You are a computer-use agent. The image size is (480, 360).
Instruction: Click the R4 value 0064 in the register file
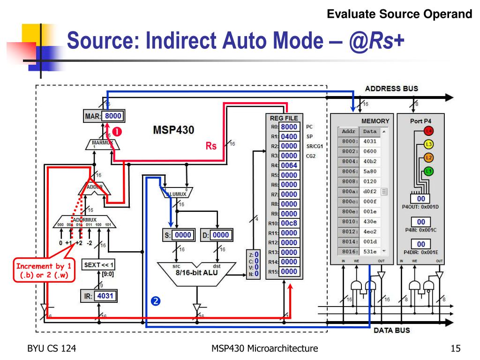coord(289,165)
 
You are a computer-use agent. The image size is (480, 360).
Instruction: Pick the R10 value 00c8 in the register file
coord(289,223)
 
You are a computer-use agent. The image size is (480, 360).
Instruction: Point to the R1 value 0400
coord(289,136)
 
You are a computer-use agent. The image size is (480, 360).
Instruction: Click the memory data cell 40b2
coord(370,161)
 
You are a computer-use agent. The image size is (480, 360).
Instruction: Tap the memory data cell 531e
coord(370,251)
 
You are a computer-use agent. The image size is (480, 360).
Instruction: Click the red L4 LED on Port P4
coord(428,131)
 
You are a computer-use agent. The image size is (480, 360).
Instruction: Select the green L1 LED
coord(428,171)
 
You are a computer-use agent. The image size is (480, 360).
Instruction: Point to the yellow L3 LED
coord(428,144)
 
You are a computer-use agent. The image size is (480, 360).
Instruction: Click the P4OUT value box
coord(420,199)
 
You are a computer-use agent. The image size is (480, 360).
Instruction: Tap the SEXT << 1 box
coord(99,265)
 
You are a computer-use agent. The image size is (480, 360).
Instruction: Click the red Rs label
coord(211,146)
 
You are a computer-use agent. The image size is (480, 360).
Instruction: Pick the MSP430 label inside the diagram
coord(173,130)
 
